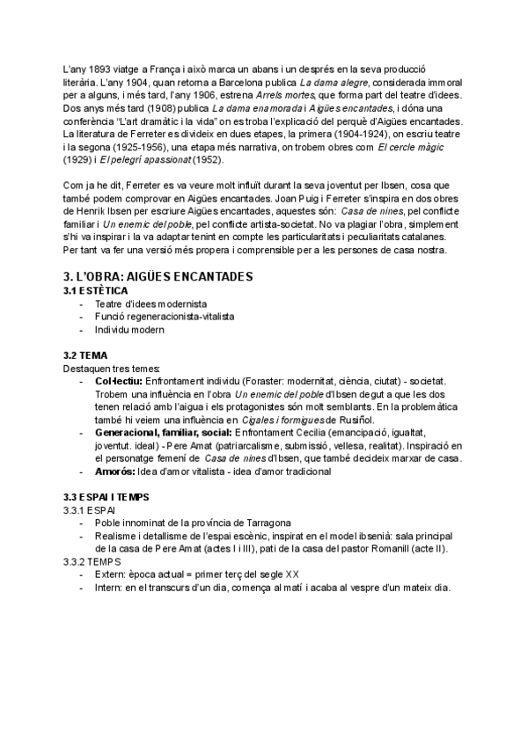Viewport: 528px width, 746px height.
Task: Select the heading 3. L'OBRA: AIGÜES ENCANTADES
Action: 158,276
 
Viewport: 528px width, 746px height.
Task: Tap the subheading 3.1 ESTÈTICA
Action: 96,289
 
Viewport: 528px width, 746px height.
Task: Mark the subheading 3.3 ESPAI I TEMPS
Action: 111,497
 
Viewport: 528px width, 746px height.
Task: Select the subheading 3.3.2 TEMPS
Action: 92,561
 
